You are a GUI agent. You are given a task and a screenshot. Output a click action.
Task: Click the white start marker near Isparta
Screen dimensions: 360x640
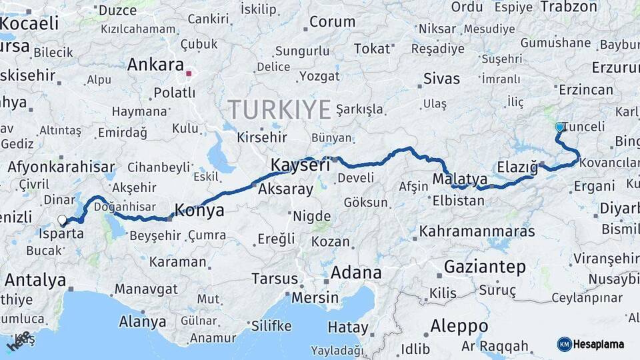click(x=62, y=219)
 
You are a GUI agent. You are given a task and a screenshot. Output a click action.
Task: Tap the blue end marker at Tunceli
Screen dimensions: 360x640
click(x=559, y=127)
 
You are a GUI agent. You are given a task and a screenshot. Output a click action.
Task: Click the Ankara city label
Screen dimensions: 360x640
click(x=155, y=65)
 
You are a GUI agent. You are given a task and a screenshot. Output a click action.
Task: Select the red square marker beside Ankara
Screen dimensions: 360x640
click(x=189, y=74)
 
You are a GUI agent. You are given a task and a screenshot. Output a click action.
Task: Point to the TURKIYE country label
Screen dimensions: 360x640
click(x=279, y=109)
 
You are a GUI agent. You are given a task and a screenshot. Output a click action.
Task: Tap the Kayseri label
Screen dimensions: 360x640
click(x=300, y=164)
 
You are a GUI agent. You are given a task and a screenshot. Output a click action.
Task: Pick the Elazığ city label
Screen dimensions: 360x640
click(x=517, y=167)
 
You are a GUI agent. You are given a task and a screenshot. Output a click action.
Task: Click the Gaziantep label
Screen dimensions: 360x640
click(x=485, y=267)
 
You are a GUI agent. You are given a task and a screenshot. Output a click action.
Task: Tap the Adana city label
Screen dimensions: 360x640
click(x=356, y=272)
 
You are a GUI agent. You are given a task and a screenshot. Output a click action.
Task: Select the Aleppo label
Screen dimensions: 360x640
click(x=459, y=327)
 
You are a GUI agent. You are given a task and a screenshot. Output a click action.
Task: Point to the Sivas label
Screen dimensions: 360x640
click(x=441, y=79)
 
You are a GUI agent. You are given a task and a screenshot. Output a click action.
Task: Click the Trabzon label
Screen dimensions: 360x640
click(x=569, y=7)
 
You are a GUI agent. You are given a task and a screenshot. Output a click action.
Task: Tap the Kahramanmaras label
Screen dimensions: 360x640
click(x=477, y=231)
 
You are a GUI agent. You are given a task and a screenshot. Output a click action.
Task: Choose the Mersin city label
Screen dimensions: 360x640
click(x=315, y=297)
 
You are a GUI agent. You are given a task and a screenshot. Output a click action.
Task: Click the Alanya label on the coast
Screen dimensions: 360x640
click(x=142, y=321)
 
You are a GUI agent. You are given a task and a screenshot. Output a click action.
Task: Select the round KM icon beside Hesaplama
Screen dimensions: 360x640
click(x=565, y=344)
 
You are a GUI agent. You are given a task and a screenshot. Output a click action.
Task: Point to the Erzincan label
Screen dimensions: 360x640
click(x=586, y=89)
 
